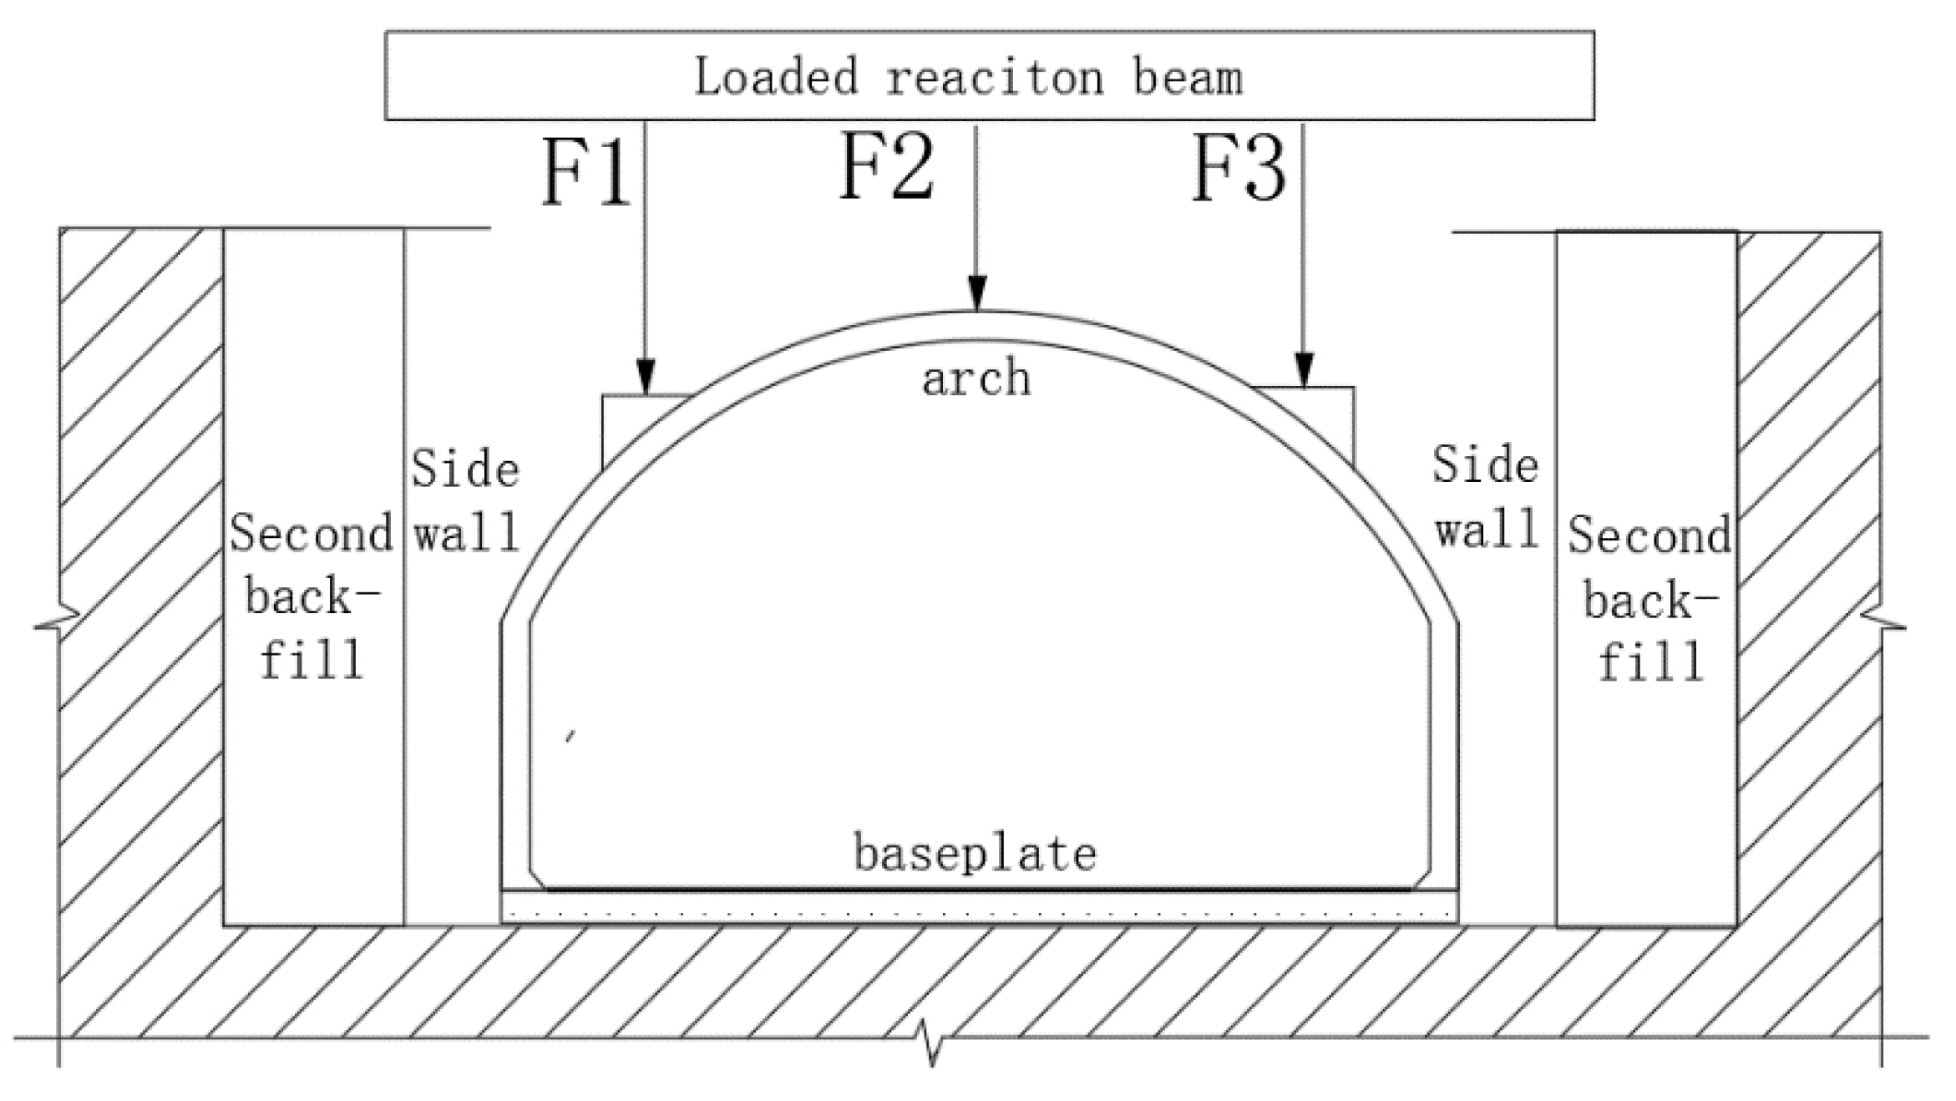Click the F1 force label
pyautogui.click(x=585, y=173)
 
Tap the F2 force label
pyautogui.click(x=886, y=167)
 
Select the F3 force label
pyautogui.click(x=1238, y=169)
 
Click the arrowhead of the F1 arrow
pyautogui.click(x=646, y=377)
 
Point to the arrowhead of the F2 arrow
pyautogui.click(x=976, y=294)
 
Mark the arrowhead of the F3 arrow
pyautogui.click(x=1304, y=371)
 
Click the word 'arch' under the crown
pyautogui.click(x=976, y=378)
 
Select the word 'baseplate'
pyautogui.click(x=975, y=854)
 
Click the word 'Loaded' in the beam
pyautogui.click(x=776, y=77)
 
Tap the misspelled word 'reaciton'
pyautogui.click(x=995, y=78)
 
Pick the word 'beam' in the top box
pyautogui.click(x=1188, y=78)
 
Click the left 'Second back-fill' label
pyautogui.click(x=312, y=596)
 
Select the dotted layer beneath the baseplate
pyautogui.click(x=979, y=908)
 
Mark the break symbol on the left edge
pyautogui.click(x=58, y=622)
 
